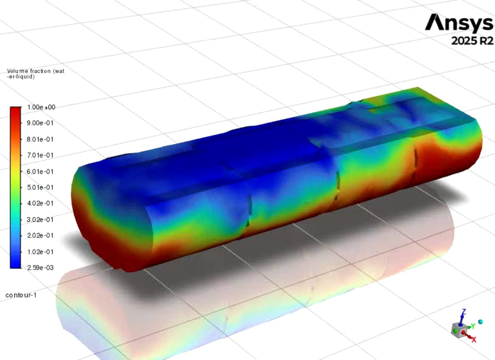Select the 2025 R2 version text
(x=472, y=41)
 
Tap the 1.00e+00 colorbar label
(x=41, y=107)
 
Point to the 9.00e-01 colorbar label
(x=40, y=123)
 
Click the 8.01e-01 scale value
(x=40, y=139)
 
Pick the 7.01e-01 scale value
(x=40, y=155)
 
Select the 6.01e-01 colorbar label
(x=40, y=172)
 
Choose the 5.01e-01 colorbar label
(x=40, y=187)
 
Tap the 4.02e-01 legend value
(x=40, y=203)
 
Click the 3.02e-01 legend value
(x=40, y=220)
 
